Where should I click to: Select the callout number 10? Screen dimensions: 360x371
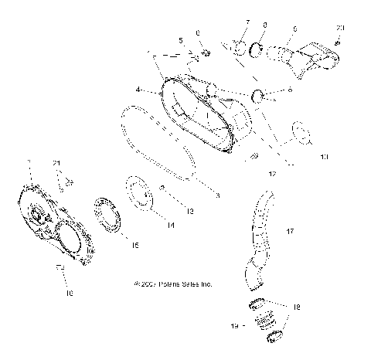coord(323,158)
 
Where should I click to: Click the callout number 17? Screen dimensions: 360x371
coord(290,231)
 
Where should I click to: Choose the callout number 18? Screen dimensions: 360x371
coord(298,307)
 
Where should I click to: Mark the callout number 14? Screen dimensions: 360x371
coord(170,225)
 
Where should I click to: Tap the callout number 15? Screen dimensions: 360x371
coord(134,245)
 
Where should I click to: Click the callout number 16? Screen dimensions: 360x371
coord(69,294)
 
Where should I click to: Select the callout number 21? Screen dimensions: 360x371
coord(56,162)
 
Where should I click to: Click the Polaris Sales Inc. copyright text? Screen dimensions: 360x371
coord(173,284)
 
